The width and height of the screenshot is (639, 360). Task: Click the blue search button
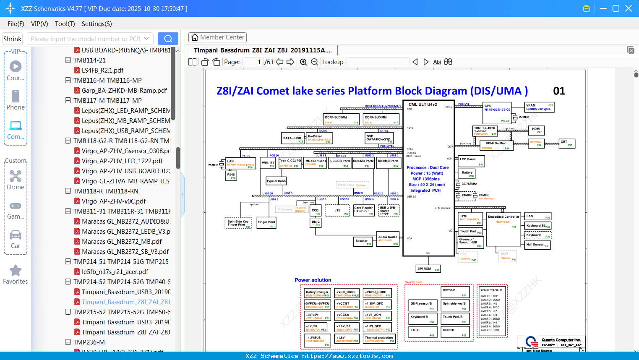coord(168,39)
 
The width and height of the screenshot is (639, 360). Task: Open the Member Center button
coord(217,37)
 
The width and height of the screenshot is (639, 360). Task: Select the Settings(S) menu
coord(97,24)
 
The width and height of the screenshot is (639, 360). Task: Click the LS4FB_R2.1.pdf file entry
coord(102,70)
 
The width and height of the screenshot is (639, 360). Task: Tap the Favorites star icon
coord(16,271)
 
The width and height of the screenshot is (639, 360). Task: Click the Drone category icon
coord(16,176)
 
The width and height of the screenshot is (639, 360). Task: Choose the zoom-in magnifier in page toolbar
coord(303,62)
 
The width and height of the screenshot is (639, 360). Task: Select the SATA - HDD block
coord(293,138)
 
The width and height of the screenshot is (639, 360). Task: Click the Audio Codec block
coord(388,238)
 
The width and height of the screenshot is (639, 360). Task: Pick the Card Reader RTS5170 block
coord(364,210)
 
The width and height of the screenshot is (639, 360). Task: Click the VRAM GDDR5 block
coord(539,107)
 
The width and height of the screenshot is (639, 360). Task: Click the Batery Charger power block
coord(317,293)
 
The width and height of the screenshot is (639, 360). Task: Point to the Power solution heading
coord(313,280)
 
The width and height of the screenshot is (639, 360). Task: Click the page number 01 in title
coord(559,91)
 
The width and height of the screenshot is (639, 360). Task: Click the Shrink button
coord(13,39)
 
